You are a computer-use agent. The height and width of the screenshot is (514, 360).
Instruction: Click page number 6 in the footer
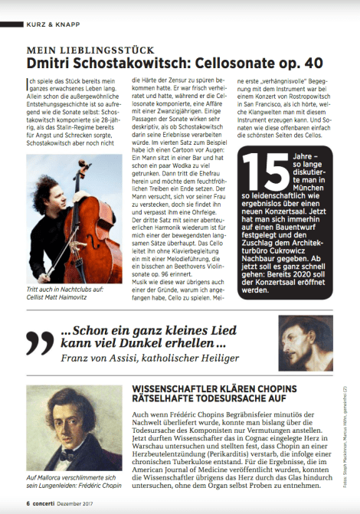(x=27, y=503)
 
